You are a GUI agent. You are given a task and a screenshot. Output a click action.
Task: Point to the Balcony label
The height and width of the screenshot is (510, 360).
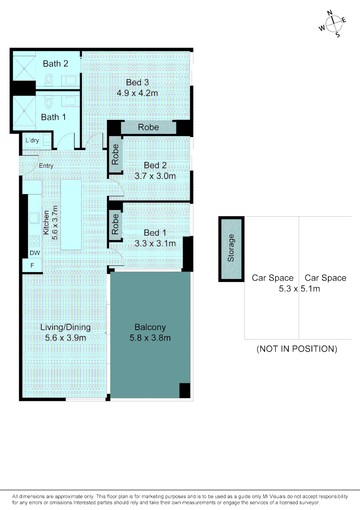[150, 327]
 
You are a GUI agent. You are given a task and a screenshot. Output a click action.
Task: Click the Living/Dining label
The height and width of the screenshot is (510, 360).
[65, 327]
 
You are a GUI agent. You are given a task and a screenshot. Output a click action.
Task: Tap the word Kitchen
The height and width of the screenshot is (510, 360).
[47, 222]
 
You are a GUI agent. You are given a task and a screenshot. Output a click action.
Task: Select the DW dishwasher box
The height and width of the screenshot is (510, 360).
[34, 253]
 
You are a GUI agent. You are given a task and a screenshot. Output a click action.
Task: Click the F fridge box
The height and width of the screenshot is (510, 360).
[32, 265]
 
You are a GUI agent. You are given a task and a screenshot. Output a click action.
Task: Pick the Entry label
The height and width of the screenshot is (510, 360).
[46, 166]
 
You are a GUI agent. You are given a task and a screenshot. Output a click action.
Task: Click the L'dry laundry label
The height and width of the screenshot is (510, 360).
[32, 141]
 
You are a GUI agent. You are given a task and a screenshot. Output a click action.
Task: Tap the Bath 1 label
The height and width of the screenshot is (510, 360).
[53, 117]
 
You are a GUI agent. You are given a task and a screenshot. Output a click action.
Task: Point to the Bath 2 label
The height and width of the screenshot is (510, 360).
[56, 64]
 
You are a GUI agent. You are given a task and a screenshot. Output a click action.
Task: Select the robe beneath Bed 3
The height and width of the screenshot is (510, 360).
[148, 127]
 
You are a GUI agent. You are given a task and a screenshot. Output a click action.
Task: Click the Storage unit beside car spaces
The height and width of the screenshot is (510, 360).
[231, 248]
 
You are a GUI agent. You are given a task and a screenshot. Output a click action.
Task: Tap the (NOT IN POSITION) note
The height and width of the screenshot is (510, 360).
[297, 349]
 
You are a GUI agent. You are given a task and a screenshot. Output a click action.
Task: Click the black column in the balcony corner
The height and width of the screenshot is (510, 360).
[184, 391]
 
